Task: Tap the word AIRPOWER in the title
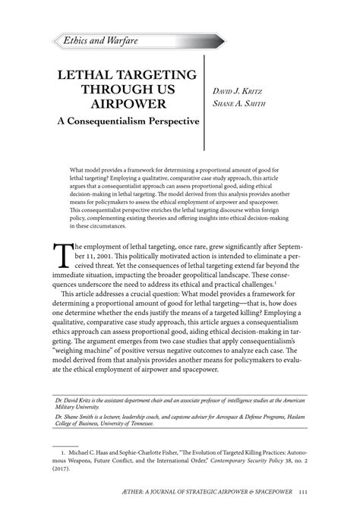pos(125,103)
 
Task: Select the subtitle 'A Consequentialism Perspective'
pos(124,120)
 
